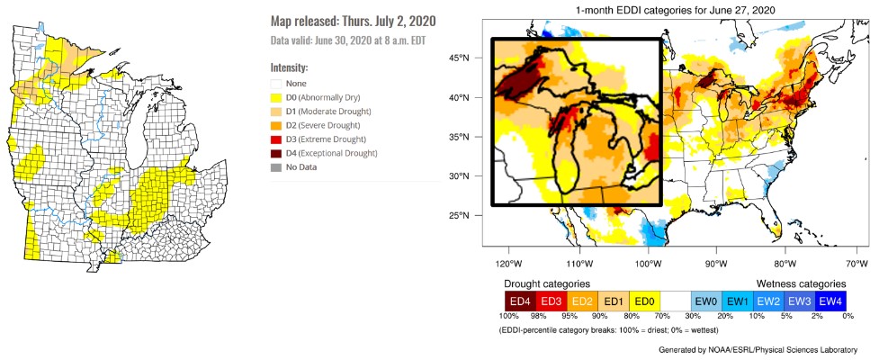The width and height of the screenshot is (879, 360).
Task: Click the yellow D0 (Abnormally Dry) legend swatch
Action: [x=276, y=97]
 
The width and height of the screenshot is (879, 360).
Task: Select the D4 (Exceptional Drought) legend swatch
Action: [x=276, y=154]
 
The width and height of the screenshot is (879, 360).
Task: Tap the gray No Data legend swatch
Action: [x=276, y=167]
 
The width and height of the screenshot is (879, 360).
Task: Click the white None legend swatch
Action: [x=276, y=84]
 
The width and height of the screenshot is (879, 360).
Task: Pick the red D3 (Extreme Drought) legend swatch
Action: [x=276, y=139]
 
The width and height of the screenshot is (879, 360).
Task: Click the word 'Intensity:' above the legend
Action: [x=289, y=67]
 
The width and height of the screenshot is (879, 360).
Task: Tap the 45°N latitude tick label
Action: [x=459, y=59]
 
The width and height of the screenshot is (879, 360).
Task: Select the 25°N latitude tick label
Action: [x=459, y=216]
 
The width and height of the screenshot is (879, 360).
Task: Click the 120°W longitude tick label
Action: [x=508, y=264]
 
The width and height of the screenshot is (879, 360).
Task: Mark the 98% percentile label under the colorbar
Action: [x=537, y=317]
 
